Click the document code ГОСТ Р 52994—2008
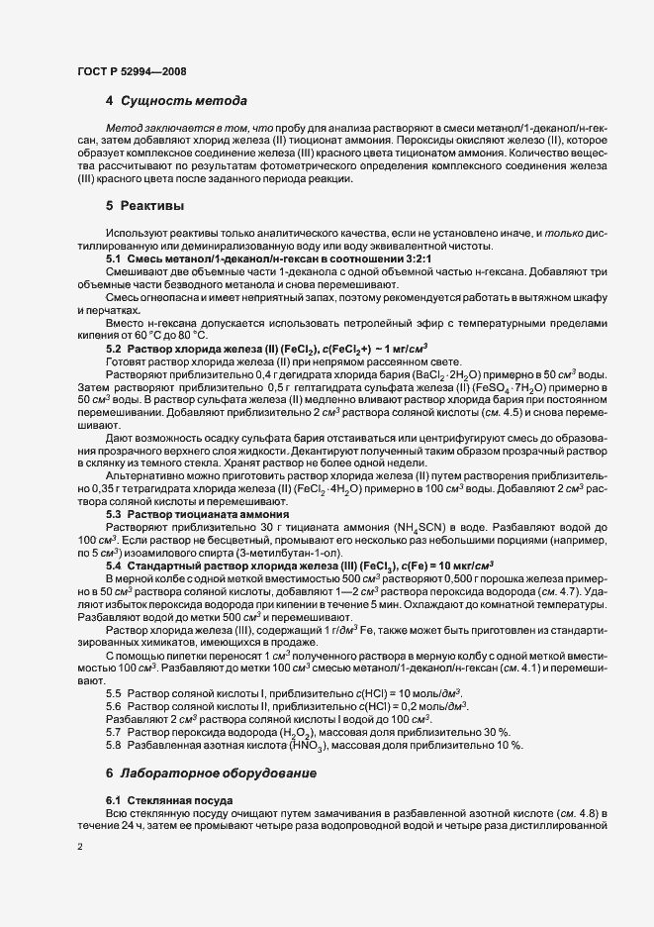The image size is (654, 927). pyautogui.click(x=131, y=70)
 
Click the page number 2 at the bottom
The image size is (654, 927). pyautogui.click(x=79, y=848)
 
